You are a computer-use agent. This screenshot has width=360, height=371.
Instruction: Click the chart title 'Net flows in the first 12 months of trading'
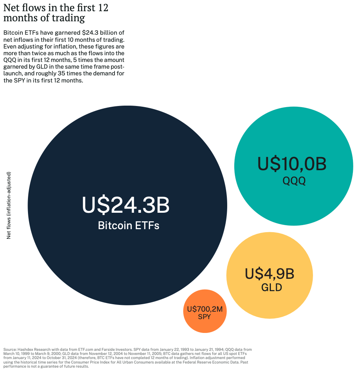coord(56,13)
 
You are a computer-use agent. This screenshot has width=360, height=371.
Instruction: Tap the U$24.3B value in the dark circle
coord(126,205)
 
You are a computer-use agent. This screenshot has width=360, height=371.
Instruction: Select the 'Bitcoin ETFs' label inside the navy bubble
coord(128,225)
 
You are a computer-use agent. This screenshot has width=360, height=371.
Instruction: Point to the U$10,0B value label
coord(292,164)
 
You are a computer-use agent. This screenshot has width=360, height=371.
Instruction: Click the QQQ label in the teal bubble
coord(294,181)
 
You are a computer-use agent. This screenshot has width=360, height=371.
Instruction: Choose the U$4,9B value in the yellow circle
coord(269,274)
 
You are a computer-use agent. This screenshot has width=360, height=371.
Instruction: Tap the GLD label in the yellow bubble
coord(271,288)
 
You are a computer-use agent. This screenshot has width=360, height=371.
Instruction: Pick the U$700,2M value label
coord(204,309)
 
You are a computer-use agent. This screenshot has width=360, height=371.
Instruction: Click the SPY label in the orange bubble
coord(204,317)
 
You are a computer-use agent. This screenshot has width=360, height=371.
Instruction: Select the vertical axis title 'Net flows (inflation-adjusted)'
coord(9,205)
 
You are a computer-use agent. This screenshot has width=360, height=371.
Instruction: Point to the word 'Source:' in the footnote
coord(10,349)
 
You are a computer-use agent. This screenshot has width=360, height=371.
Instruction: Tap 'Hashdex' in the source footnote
coord(25,349)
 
